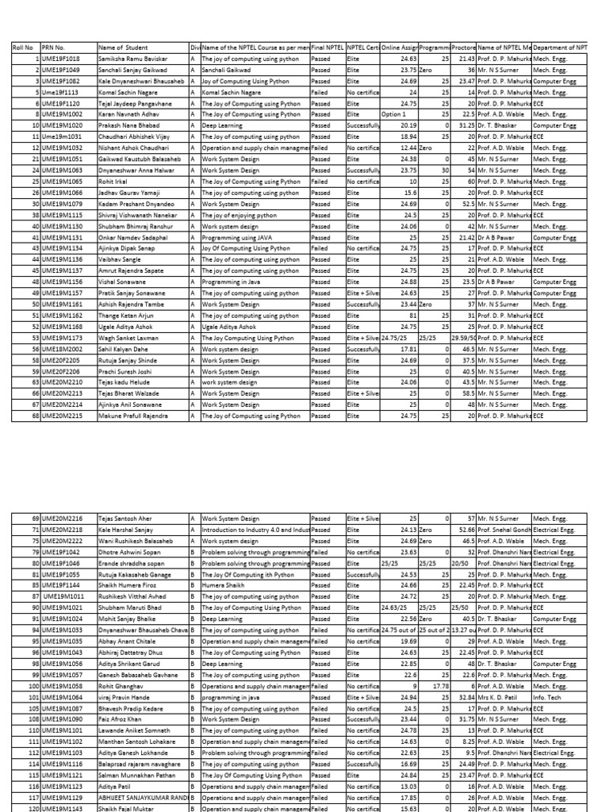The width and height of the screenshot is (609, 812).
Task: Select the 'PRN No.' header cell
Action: click(56, 48)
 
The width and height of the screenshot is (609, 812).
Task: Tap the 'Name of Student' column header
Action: click(124, 48)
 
